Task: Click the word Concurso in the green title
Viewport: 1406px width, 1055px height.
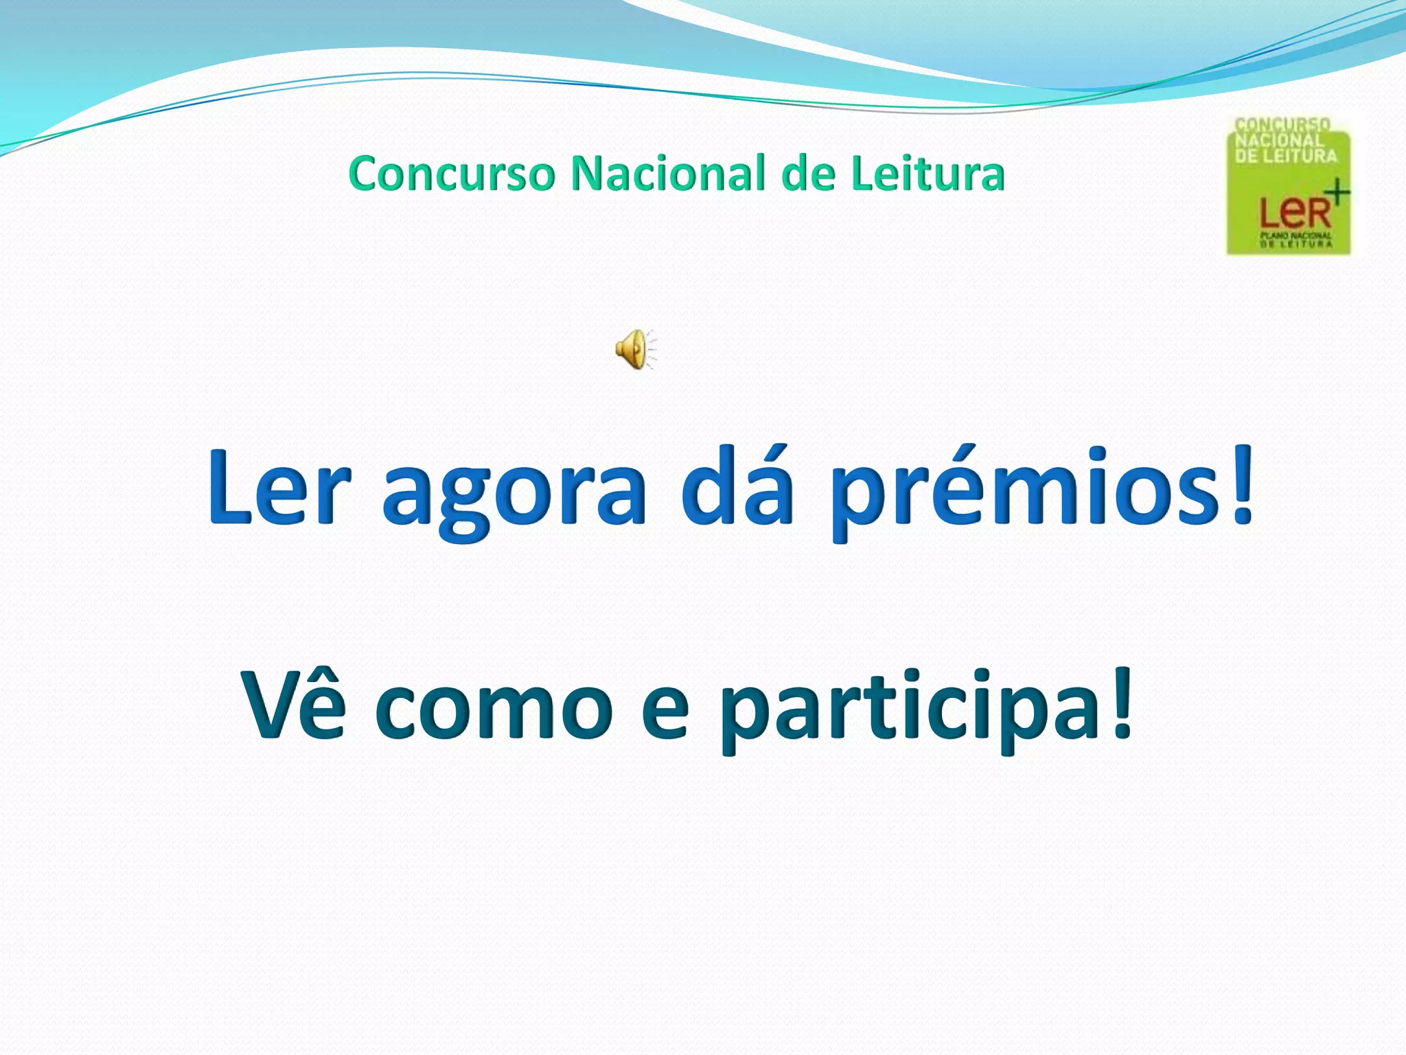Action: click(451, 174)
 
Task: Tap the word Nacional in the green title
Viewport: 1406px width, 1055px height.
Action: click(667, 174)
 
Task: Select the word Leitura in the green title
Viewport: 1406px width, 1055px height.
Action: click(928, 174)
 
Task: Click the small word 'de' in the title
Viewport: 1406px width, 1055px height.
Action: click(808, 174)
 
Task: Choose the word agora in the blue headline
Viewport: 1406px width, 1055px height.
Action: click(514, 493)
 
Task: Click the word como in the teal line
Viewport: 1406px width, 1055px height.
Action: click(494, 711)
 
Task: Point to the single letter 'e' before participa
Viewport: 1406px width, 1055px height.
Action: click(665, 711)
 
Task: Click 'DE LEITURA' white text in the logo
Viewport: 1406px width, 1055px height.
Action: click(1286, 156)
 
